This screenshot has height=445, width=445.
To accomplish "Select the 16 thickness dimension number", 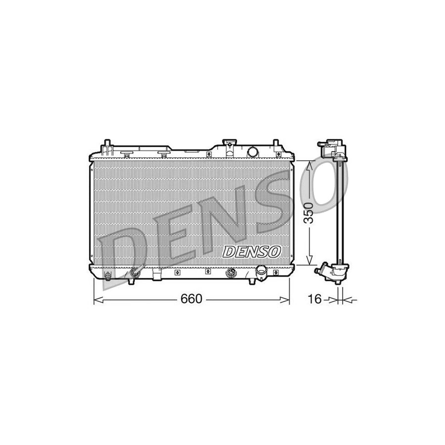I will (314, 299).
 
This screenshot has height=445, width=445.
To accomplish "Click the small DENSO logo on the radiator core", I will (252, 252).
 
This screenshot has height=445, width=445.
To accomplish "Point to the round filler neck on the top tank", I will (252, 151).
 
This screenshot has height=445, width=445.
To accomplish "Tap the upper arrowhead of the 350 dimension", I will (309, 165).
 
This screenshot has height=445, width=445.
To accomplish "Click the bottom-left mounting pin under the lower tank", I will (131, 281).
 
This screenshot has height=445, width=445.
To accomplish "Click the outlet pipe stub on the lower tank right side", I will (261, 271).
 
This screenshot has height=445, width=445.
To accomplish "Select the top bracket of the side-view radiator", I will (331, 148).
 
